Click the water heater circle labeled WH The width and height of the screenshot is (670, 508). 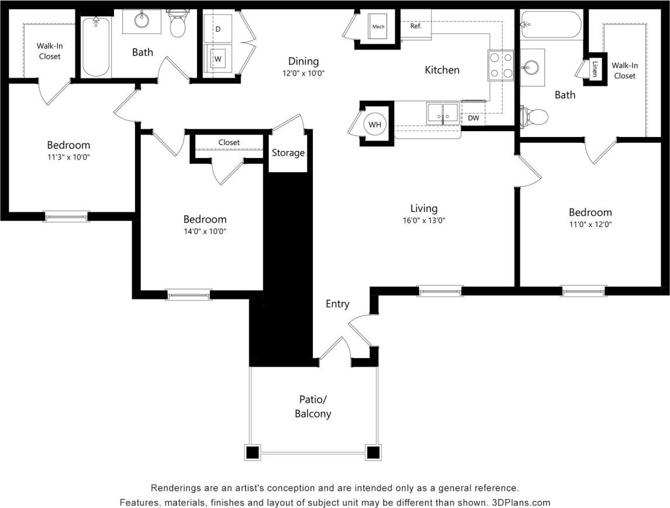(x=374, y=124)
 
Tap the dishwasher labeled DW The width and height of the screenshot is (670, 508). (x=473, y=118)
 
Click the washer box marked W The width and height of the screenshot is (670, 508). (x=218, y=59)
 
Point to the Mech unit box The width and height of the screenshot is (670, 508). (x=378, y=27)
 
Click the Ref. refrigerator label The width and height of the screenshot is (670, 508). (x=416, y=26)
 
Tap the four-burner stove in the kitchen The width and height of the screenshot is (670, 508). (x=500, y=65)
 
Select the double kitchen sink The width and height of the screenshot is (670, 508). (x=442, y=112)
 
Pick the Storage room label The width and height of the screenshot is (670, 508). (x=288, y=153)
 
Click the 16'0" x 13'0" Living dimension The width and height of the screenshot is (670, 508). (x=423, y=221)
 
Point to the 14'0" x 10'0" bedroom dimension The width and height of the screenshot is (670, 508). (x=205, y=231)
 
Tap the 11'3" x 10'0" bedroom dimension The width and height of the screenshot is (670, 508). (x=68, y=157)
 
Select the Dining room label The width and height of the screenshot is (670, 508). (x=303, y=61)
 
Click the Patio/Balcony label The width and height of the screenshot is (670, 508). (x=312, y=407)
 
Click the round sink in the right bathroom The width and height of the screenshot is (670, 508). (x=531, y=67)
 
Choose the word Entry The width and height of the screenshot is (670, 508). (x=337, y=304)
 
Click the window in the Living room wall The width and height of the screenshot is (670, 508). (x=440, y=290)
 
